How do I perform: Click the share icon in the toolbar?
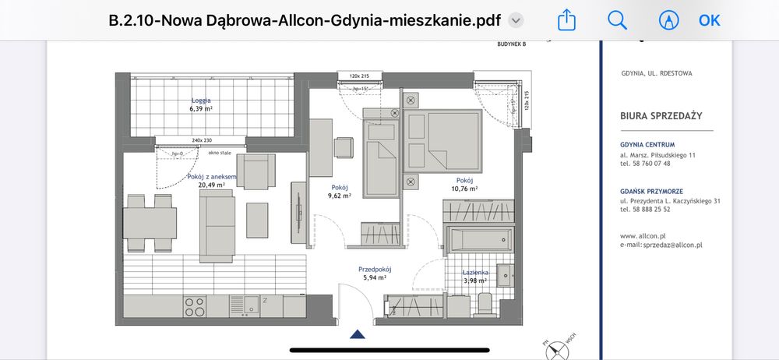coord(566,20)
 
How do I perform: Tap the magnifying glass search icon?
coord(618,20)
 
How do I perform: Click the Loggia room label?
coord(201,101)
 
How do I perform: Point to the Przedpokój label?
coord(374,269)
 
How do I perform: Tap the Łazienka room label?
coord(475,272)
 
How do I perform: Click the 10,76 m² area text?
coord(465,189)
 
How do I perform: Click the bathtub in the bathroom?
coord(477,238)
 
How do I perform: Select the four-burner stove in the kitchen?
coord(195,306)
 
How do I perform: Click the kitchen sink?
coord(251,305)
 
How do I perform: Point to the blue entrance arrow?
coord(358,334)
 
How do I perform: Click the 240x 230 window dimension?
coord(201,140)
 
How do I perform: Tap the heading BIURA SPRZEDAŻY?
coord(661,115)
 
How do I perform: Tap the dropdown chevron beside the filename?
coord(516,21)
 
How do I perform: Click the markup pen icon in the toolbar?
coord(668,20)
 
